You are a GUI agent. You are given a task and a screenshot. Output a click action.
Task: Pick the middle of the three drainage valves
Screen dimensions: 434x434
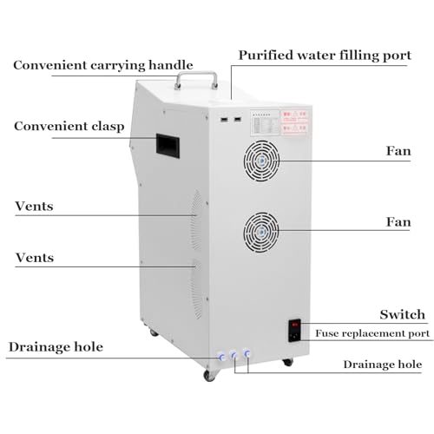coord(233,355)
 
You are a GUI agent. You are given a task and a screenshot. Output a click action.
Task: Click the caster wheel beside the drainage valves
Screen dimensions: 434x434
coord(208,375)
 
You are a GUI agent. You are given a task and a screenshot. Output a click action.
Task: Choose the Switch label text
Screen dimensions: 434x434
coord(402,314)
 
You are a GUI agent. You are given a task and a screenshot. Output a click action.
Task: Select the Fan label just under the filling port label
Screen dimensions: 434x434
coord(398,151)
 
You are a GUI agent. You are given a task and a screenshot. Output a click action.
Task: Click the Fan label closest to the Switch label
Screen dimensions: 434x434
coord(398,222)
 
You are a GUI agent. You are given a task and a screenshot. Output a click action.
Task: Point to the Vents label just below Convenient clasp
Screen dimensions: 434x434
coord(34,207)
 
